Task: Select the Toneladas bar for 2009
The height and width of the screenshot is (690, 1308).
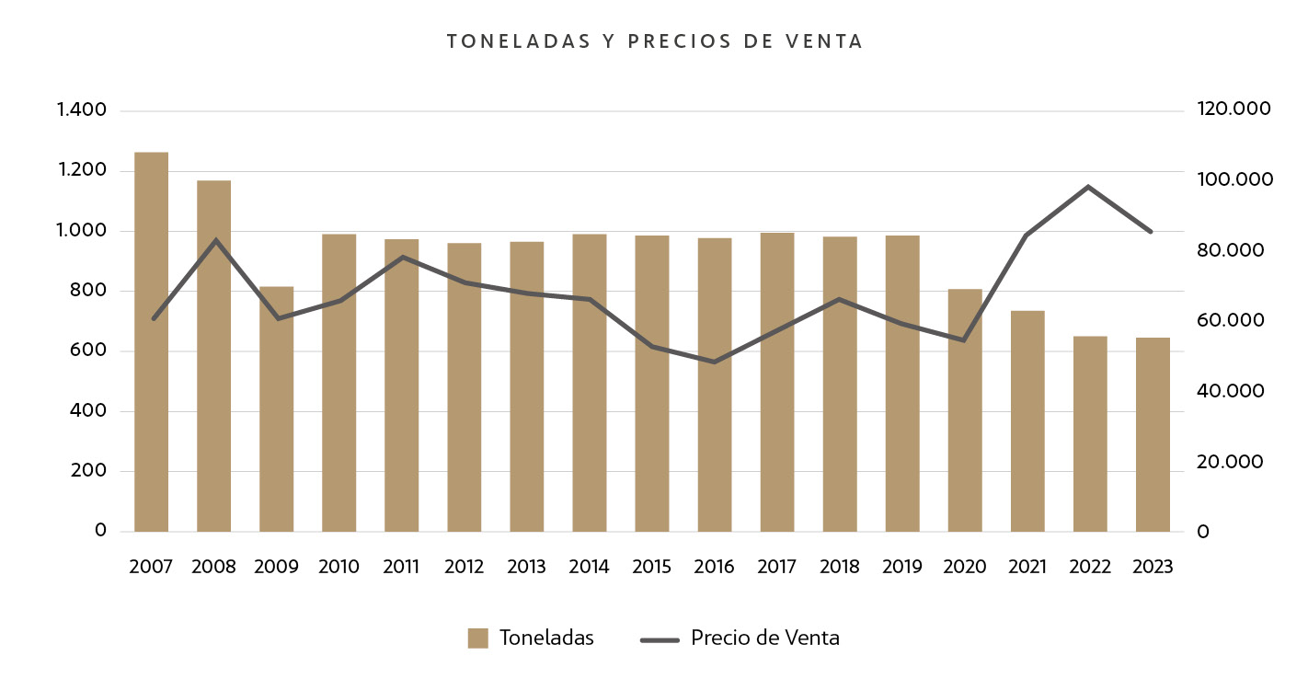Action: click(x=276, y=409)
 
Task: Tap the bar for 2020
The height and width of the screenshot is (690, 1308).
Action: click(x=965, y=410)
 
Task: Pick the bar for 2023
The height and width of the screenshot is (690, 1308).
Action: click(x=1153, y=434)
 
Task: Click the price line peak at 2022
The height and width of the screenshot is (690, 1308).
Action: click(x=1089, y=187)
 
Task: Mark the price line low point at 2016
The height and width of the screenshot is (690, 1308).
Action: click(x=715, y=362)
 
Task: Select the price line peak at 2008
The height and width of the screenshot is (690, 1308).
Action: click(x=215, y=241)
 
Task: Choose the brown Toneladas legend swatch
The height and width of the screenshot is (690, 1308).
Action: click(x=477, y=638)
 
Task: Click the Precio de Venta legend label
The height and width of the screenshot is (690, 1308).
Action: click(x=764, y=638)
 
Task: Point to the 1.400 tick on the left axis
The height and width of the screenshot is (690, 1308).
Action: click(x=82, y=110)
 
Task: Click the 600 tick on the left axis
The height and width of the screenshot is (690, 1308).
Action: click(x=88, y=351)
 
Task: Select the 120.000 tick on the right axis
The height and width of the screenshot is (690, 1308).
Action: click(x=1233, y=109)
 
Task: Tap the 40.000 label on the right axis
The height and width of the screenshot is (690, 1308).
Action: click(x=1231, y=391)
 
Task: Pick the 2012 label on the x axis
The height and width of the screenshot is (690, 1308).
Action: click(x=464, y=567)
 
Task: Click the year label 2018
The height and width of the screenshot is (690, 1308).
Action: click(x=839, y=567)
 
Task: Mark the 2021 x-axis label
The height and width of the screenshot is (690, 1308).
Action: click(x=1027, y=567)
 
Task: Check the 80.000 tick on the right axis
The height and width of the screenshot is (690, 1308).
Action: click(x=1231, y=250)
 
